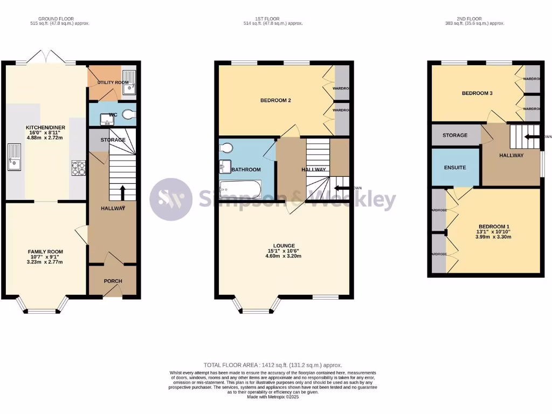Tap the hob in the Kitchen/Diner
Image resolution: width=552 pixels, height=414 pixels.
pyautogui.click(x=78, y=168)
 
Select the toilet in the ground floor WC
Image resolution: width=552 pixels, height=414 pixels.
pyautogui.click(x=129, y=114)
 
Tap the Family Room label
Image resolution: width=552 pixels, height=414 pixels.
pyautogui.click(x=45, y=252)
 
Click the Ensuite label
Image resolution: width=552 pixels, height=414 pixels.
pyautogui.click(x=455, y=168)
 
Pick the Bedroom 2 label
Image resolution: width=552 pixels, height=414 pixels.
pyautogui.click(x=275, y=100)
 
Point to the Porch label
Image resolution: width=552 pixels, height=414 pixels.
pyautogui.click(x=113, y=281)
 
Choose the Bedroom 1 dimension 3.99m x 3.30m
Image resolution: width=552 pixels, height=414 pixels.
pyautogui.click(x=493, y=238)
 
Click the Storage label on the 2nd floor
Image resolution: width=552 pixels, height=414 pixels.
pyautogui.click(x=455, y=135)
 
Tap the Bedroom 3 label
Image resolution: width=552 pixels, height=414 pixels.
pyautogui.click(x=477, y=93)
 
